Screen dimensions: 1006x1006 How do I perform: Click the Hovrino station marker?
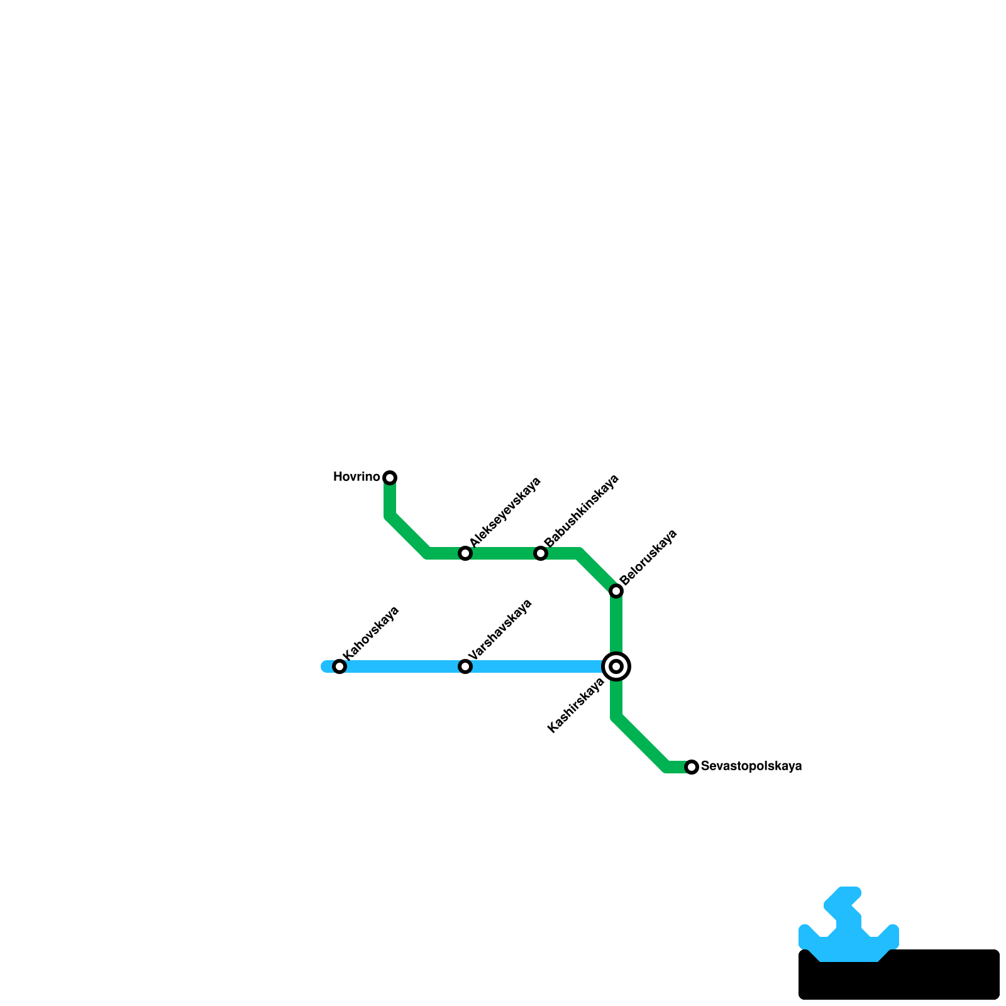coord(390,478)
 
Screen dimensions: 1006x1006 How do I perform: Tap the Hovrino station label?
coord(356,477)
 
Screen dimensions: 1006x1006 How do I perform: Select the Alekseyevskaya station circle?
coord(465,553)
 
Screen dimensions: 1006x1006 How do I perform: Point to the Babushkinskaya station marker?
coord(541,553)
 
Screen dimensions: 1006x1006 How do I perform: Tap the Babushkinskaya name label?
coord(582,510)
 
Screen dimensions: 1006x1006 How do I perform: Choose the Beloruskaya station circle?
coord(616,591)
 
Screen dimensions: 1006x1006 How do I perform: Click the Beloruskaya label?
coord(648,557)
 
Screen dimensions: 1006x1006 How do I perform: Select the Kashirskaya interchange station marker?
coord(616,666)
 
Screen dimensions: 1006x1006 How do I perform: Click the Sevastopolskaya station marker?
coord(692,767)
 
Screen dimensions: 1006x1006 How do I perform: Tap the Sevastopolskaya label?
coord(751,766)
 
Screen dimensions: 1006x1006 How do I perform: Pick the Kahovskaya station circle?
coord(340,666)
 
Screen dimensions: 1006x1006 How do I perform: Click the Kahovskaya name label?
coord(371,633)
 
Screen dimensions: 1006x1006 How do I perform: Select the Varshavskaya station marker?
coord(465,666)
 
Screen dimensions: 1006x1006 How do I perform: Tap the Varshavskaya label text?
coord(500,629)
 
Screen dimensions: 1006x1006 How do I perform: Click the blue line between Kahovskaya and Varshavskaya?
coord(402,666)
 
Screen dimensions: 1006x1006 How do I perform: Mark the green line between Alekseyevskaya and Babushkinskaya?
coord(503,553)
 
